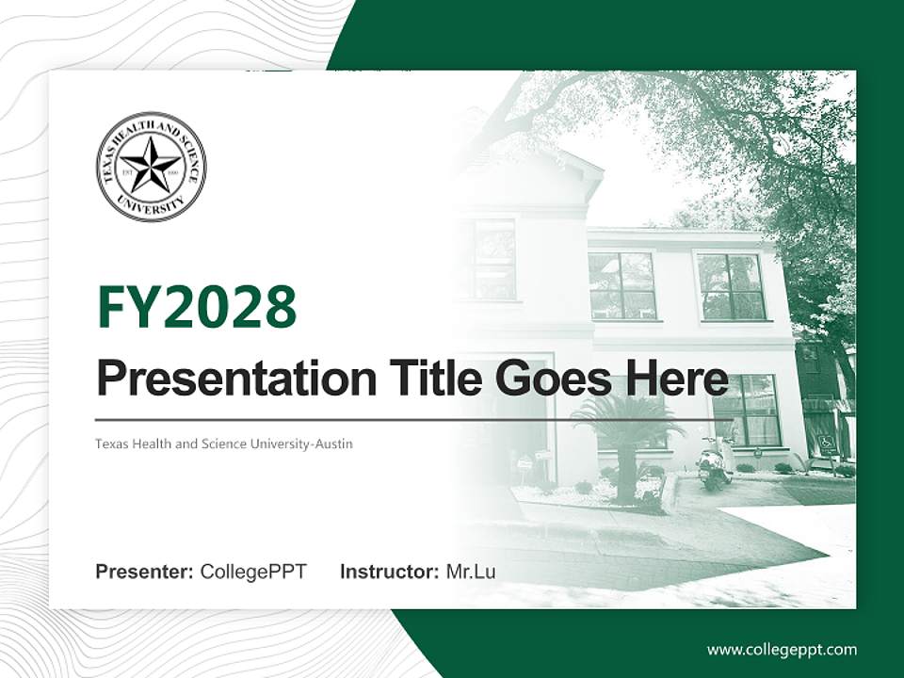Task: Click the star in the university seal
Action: [x=151, y=166]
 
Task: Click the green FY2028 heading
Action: [x=197, y=307]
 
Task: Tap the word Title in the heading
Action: [x=431, y=378]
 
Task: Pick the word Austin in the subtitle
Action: [x=334, y=444]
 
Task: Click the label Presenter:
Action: [x=145, y=572]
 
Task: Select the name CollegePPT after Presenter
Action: [x=253, y=572]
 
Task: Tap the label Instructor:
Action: [x=390, y=572]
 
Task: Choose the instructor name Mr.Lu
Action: [x=471, y=572]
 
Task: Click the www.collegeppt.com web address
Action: [x=782, y=650]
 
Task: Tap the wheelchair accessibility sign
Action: [x=827, y=442]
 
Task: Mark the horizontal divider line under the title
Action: [x=414, y=419]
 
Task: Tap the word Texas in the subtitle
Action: [x=111, y=444]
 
